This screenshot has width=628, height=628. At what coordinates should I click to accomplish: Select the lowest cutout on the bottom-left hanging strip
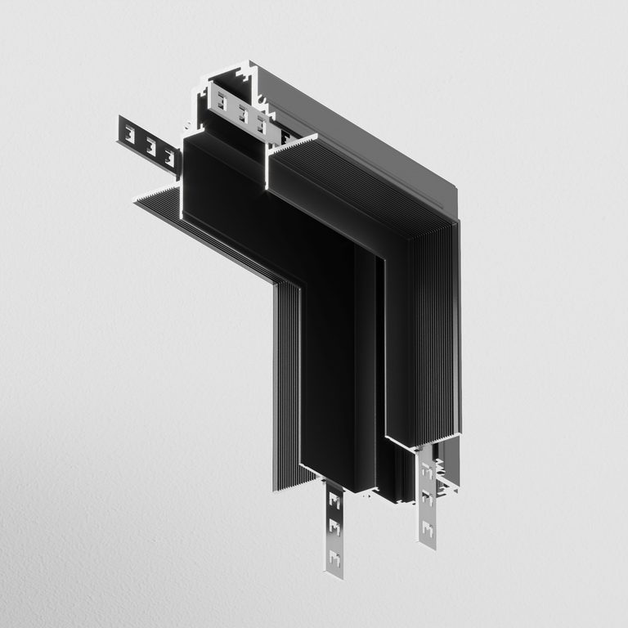(333, 557)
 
